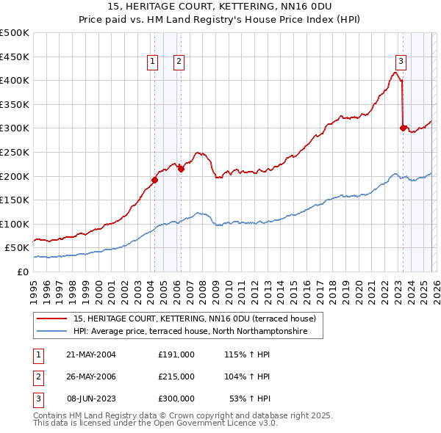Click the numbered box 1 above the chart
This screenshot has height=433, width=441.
(153, 62)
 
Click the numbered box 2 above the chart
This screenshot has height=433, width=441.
(179, 62)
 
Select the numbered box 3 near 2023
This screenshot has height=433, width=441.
(401, 61)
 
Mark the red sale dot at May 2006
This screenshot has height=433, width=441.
(181, 169)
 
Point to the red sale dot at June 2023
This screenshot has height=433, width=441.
(403, 128)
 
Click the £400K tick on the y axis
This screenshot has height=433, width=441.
(15, 80)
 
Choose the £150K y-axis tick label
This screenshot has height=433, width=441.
(15, 200)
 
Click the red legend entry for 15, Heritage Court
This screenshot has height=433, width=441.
(194, 319)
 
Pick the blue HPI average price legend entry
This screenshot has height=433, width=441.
(198, 332)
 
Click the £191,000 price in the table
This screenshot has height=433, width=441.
(176, 354)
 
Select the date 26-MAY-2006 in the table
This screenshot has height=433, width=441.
(91, 376)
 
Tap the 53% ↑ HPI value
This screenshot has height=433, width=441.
(250, 399)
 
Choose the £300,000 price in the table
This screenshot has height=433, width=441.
(176, 399)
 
